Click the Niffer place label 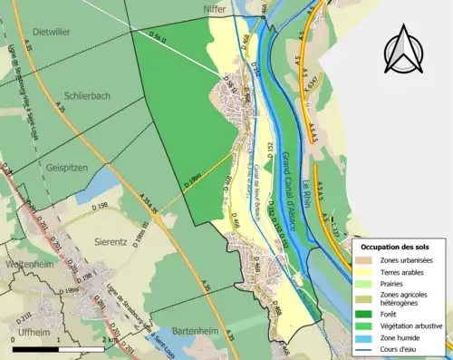(209, 9)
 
